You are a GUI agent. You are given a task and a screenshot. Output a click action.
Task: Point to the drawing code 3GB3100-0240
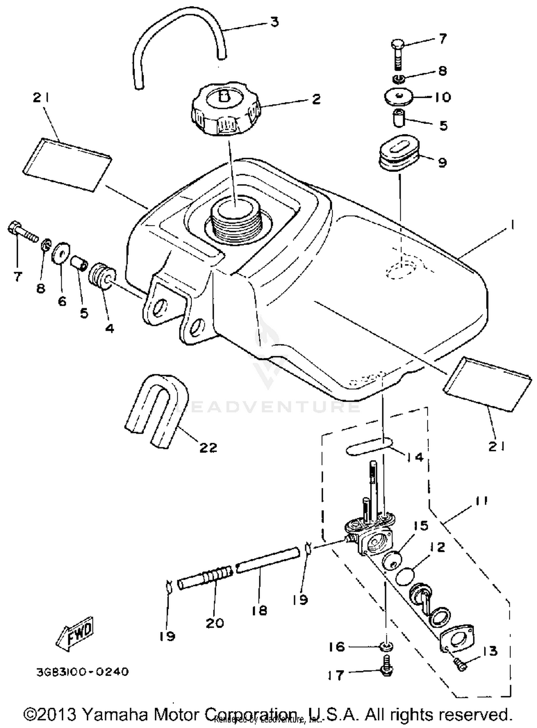pos(82,672)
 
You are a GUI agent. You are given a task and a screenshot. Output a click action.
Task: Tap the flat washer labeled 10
pos(399,96)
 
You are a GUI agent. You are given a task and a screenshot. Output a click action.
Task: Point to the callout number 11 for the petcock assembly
pos(482,500)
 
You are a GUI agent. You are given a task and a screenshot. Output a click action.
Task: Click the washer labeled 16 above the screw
pos(387,647)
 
